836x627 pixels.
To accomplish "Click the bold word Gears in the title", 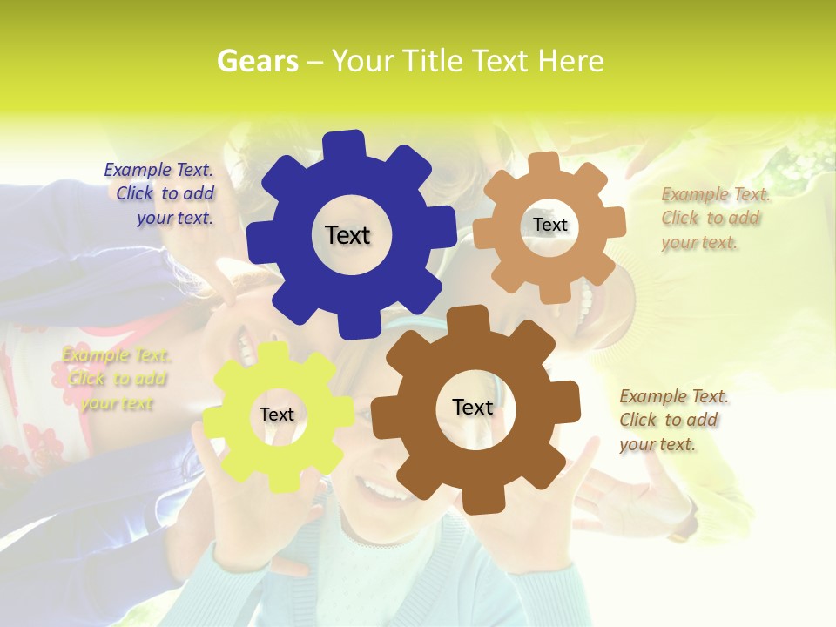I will point(257,61).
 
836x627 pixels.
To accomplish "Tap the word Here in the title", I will point(570,61).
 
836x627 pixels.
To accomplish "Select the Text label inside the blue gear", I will point(347,235).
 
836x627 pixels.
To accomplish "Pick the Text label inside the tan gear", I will point(549,225).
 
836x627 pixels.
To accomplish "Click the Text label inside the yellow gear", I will point(277,415).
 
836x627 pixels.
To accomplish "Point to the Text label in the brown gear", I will point(473,407).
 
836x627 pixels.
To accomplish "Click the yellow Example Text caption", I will point(116,379).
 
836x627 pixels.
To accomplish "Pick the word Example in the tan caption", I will point(689,194).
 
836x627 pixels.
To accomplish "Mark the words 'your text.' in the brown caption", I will point(657,444).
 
